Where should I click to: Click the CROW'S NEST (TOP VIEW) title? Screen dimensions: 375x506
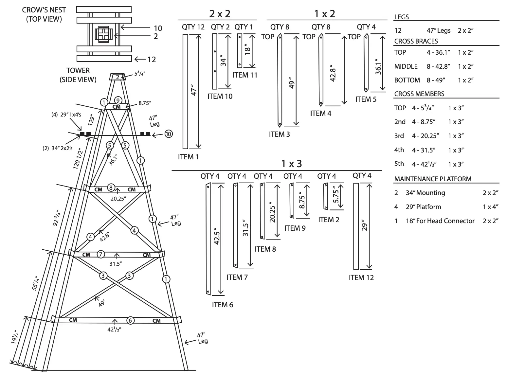(x=44, y=14)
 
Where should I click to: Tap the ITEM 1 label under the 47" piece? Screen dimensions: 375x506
(x=188, y=157)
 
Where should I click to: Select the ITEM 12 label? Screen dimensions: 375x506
(x=361, y=278)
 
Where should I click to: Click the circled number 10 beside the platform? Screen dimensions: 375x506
(x=169, y=134)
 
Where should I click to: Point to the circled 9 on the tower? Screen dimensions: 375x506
(x=118, y=100)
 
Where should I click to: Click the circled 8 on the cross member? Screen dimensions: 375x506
(x=111, y=187)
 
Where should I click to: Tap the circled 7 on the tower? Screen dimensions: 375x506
(x=100, y=254)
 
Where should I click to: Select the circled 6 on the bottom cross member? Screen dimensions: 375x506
(x=130, y=320)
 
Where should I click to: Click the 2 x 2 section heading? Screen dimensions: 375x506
(x=220, y=14)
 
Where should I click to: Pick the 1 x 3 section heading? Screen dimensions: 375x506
(x=291, y=164)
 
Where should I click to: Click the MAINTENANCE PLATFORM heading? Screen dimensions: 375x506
(x=433, y=179)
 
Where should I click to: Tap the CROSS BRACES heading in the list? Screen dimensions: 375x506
(x=416, y=41)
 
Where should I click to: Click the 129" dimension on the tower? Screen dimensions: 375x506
(x=92, y=120)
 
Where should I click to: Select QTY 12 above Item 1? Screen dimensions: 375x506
(x=193, y=27)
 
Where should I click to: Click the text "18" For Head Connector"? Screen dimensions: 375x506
(x=440, y=221)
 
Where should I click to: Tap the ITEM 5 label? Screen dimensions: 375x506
(x=366, y=99)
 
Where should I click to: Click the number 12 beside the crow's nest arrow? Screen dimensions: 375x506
(x=152, y=59)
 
